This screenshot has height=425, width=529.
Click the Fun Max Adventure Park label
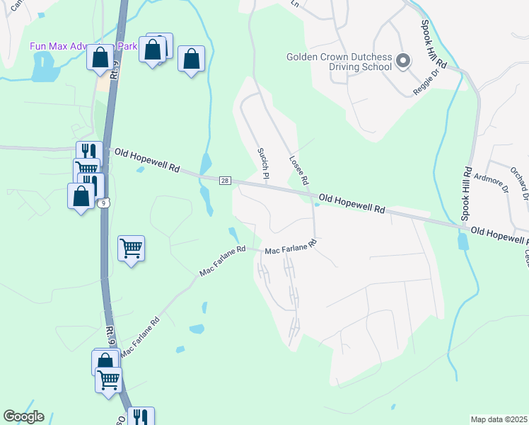point(83,46)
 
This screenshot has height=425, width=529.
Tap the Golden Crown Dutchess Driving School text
point(339,62)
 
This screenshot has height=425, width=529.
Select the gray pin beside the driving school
point(403,61)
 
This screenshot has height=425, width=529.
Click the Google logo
point(23,416)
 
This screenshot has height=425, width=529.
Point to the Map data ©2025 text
point(499,419)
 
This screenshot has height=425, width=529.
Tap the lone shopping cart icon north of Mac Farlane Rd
point(131,249)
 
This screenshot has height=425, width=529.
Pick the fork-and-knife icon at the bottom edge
point(140,417)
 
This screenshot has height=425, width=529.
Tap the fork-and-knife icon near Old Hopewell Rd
point(89,152)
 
